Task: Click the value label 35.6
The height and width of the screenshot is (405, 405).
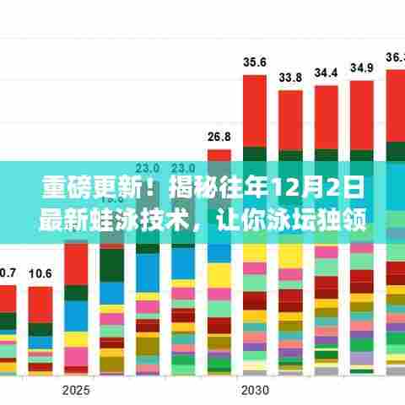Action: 255,62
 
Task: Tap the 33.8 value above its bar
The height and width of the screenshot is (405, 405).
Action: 290,77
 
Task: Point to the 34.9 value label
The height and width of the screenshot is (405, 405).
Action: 362,67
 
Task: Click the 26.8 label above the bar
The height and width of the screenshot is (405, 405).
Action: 219,137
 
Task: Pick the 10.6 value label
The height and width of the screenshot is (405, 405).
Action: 40,273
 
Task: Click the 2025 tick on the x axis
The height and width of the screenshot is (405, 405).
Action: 75,390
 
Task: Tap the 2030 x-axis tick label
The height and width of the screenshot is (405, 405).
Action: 255,390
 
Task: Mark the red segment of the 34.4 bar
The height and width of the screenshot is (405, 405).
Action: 326,116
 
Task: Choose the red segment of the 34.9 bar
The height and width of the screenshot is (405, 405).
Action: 362,114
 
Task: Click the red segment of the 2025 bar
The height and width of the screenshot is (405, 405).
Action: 75,262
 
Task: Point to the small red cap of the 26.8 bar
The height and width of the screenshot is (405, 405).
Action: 219,155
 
